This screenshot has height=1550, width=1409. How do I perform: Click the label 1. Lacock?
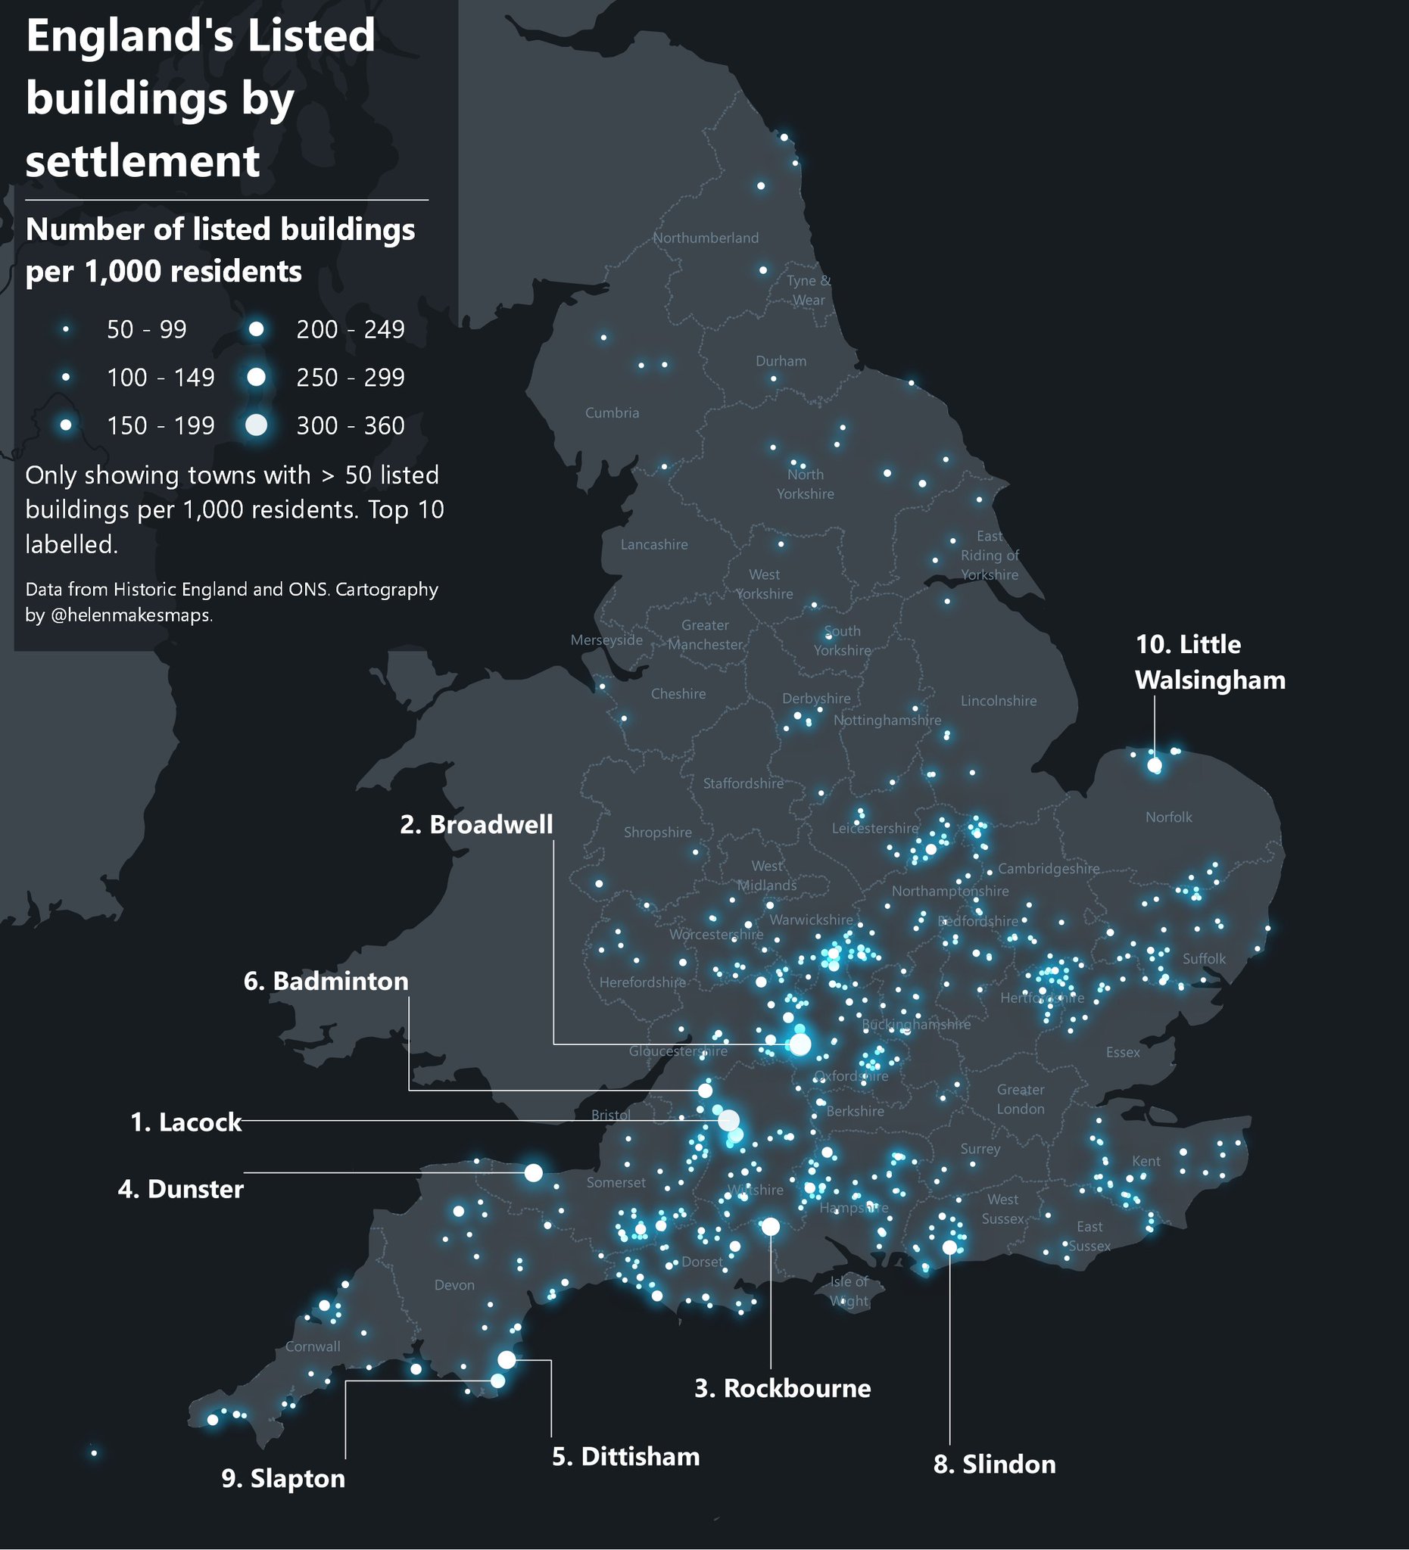[x=185, y=1122]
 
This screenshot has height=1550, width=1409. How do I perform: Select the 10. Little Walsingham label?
[x=1210, y=662]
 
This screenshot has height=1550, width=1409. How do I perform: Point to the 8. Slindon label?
[x=993, y=1464]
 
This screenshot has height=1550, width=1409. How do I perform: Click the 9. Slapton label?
[x=283, y=1479]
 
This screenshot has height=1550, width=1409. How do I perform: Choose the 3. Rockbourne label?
[x=782, y=1389]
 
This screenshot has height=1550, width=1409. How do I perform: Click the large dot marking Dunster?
[x=533, y=1172]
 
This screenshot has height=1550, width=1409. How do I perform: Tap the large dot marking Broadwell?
[x=800, y=1044]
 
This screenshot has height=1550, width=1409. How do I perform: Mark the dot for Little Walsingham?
[x=1154, y=765]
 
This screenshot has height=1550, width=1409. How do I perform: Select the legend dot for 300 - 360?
[x=256, y=425]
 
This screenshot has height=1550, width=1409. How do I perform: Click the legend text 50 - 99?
[x=146, y=330]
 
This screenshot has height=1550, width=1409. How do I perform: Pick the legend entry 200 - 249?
[x=350, y=330]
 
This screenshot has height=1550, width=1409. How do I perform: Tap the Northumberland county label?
[x=706, y=238]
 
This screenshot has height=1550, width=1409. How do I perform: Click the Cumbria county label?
[x=612, y=413]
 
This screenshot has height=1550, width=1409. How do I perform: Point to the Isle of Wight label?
[x=848, y=1292]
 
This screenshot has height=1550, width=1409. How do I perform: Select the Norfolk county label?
[x=1168, y=817]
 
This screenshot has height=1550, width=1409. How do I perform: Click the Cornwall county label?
[x=312, y=1347]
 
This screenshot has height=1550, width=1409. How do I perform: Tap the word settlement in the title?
[x=143, y=160]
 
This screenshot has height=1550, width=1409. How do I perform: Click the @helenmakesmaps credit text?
[x=131, y=616]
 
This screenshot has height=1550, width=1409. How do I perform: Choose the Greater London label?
[x=1020, y=1100]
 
